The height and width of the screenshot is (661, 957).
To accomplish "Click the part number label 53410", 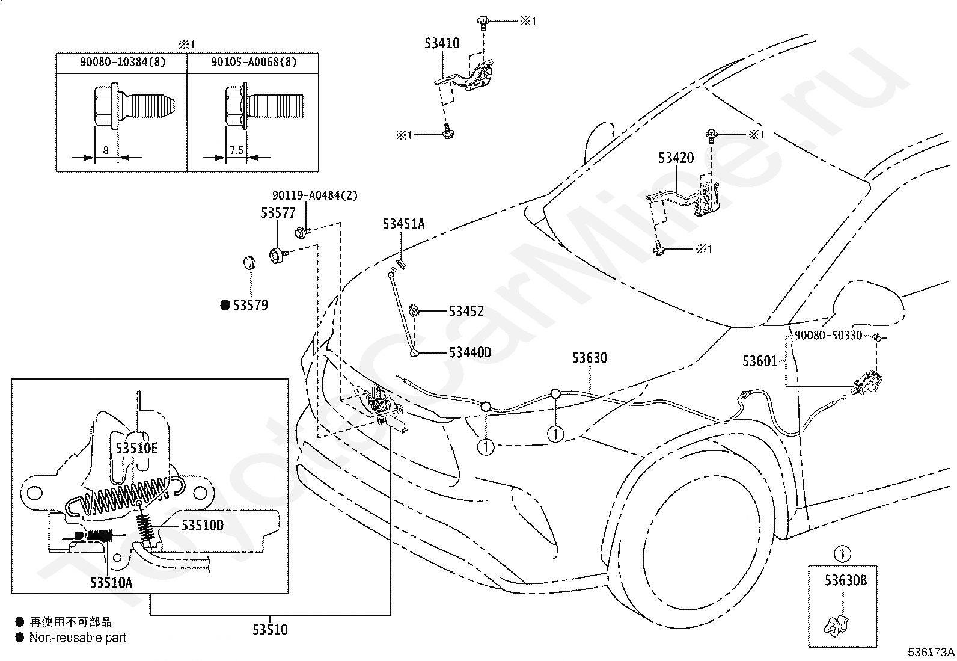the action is click(442, 43).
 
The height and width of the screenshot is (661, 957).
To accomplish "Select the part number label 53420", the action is click(676, 158).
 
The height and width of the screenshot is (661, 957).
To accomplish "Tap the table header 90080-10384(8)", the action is click(123, 62).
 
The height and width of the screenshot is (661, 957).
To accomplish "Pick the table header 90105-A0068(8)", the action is click(253, 62).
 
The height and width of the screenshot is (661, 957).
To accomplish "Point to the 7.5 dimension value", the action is click(236, 150).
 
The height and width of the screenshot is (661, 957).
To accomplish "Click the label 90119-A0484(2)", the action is click(315, 195).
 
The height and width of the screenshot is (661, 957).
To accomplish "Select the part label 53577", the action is click(278, 212).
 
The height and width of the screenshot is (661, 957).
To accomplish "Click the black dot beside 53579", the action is click(225, 305).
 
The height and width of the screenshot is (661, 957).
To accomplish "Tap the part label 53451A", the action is click(403, 224).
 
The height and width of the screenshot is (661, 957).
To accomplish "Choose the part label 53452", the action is click(466, 311).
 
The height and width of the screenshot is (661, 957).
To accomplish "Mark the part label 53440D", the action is click(470, 352).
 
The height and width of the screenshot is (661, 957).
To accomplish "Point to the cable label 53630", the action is click(590, 358).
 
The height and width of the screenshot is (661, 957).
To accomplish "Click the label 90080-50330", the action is click(828, 335).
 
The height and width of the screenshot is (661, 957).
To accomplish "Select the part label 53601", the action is click(760, 361).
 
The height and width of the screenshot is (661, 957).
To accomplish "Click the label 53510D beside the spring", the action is click(203, 525).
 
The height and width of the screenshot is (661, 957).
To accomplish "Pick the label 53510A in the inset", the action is click(111, 582).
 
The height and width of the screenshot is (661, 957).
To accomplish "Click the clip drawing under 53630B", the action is click(836, 626).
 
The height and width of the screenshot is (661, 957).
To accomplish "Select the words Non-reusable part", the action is click(78, 638).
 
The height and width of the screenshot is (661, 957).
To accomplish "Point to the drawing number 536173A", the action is click(931, 652).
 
